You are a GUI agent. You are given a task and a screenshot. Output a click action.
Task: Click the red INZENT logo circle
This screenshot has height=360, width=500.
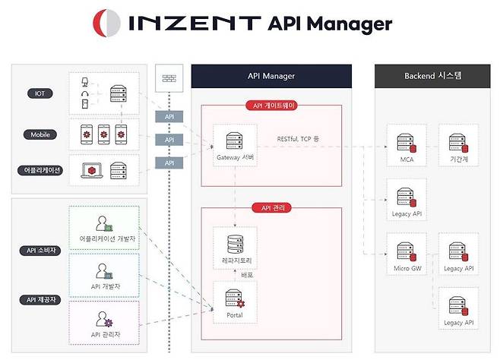pyautogui.click(x=106, y=23)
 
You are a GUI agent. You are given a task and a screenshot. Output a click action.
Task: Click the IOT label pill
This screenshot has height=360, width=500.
pyautogui.click(x=40, y=93)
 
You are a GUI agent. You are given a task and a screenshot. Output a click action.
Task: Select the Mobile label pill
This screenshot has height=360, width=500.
pyautogui.click(x=40, y=134)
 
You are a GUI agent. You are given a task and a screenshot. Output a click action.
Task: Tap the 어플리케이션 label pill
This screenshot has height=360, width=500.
pyautogui.click(x=40, y=169)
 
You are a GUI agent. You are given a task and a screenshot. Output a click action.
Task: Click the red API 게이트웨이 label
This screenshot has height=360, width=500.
pyautogui.click(x=271, y=106)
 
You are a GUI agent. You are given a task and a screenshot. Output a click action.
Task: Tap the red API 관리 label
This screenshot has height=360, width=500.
pyautogui.click(x=271, y=207)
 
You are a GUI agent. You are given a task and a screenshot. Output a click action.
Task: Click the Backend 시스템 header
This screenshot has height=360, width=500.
pyautogui.click(x=427, y=76)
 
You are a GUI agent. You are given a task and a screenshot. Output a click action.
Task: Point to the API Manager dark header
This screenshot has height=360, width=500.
pyautogui.click(x=271, y=76)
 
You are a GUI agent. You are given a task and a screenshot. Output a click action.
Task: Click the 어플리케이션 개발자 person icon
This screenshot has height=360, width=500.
pyautogui.click(x=103, y=224)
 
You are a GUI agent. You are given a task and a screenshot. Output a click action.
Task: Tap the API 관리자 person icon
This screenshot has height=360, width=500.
pyautogui.click(x=103, y=319)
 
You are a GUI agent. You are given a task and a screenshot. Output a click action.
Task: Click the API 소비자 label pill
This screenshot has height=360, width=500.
pyautogui.click(x=40, y=251)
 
